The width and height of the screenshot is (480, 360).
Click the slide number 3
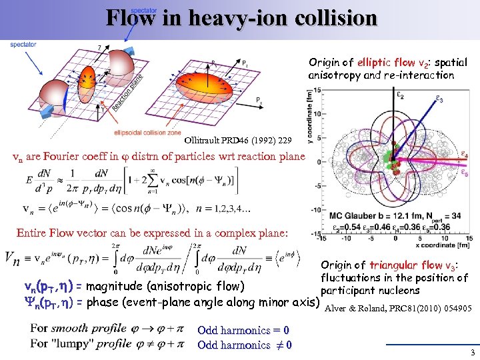coord(471,353)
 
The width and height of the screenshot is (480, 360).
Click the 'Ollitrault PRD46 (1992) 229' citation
coord(237,141)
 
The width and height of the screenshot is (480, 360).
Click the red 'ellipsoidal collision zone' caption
coord(147,133)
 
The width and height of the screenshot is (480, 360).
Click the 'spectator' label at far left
coord(23,45)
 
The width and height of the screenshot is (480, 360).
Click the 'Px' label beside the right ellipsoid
coord(259,99)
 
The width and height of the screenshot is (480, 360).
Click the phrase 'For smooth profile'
coord(78,329)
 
